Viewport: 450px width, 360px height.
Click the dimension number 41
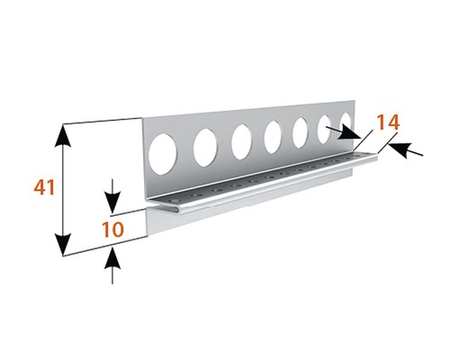(x=44, y=187)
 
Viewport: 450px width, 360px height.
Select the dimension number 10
(x=112, y=229)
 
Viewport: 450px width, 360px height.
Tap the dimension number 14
(x=388, y=122)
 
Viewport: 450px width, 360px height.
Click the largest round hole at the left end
(x=163, y=154)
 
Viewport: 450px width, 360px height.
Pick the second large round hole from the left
(x=205, y=148)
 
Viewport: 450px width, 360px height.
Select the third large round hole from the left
(x=241, y=141)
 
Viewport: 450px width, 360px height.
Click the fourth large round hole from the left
(x=273, y=137)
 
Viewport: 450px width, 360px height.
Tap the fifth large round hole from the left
(x=301, y=132)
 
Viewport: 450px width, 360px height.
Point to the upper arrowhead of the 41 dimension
(x=62, y=136)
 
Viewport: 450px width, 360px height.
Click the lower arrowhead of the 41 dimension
(x=63, y=244)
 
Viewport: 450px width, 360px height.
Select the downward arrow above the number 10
(x=112, y=197)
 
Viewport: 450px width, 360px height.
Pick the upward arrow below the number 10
(x=112, y=265)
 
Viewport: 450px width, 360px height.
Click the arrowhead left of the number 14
(x=350, y=134)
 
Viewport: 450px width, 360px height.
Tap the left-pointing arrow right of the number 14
(x=406, y=150)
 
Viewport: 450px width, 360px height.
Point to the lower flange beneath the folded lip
(x=249, y=204)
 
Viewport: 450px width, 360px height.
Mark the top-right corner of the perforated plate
(x=355, y=101)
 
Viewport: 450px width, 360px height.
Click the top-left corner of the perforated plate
(x=142, y=118)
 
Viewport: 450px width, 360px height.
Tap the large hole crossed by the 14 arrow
(x=324, y=129)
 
